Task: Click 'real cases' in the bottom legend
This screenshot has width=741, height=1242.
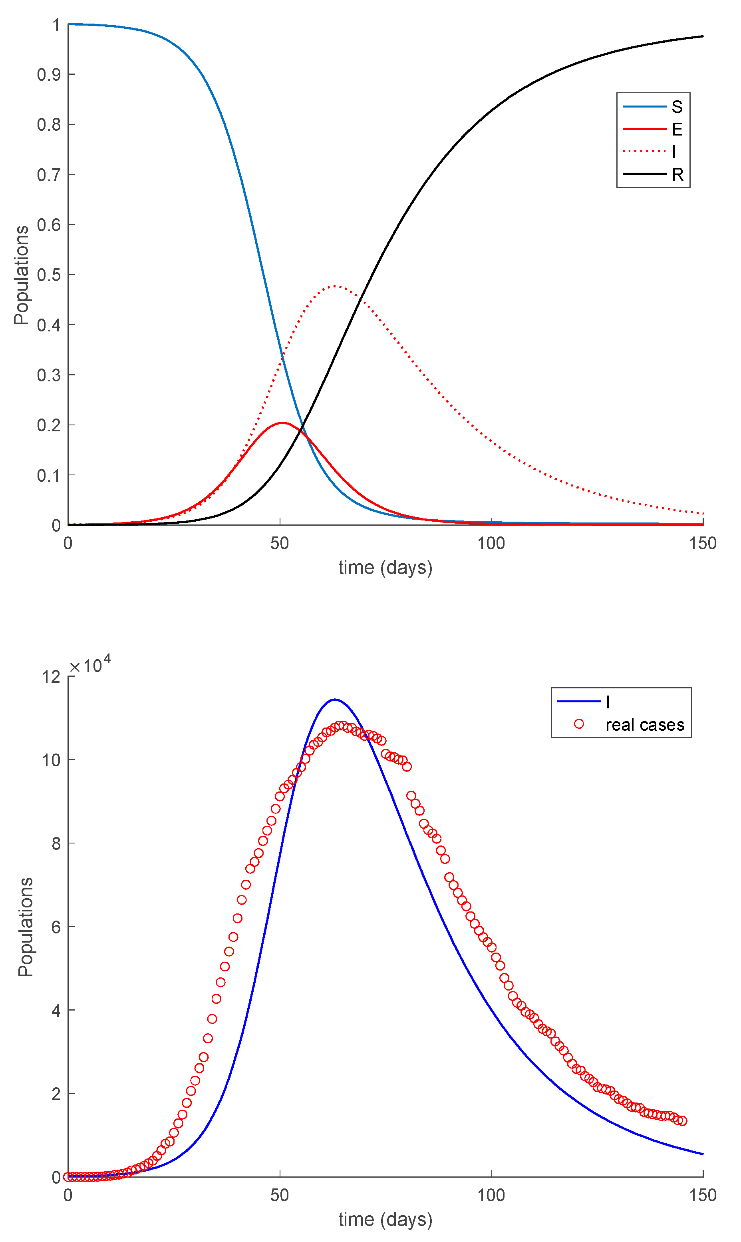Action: pyautogui.click(x=644, y=724)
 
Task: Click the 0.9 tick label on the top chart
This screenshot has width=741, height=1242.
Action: pyautogui.click(x=49, y=74)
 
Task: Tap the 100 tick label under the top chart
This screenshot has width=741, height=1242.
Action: pyautogui.click(x=491, y=543)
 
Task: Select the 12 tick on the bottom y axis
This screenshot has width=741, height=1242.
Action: pyautogui.click(x=52, y=676)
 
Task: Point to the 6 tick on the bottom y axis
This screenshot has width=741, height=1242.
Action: pyautogui.click(x=56, y=927)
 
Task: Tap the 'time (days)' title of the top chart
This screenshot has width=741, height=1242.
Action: pyautogui.click(x=385, y=568)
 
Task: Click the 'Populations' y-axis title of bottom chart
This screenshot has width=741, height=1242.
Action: pyautogui.click(x=25, y=927)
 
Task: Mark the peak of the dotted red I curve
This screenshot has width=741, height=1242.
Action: pyautogui.click(x=335, y=286)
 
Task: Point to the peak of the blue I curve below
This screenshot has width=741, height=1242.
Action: pyautogui.click(x=335, y=700)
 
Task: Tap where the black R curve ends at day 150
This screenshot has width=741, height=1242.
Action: pyautogui.click(x=703, y=36)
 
